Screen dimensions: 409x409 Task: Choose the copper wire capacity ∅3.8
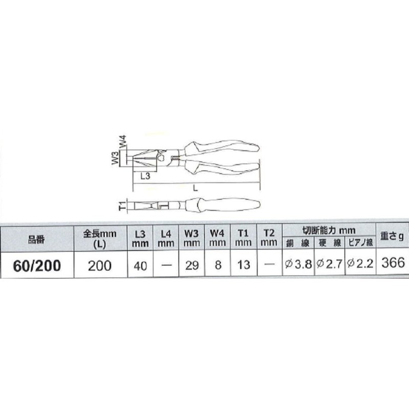[297, 264]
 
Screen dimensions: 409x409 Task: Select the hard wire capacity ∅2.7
[329, 264]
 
